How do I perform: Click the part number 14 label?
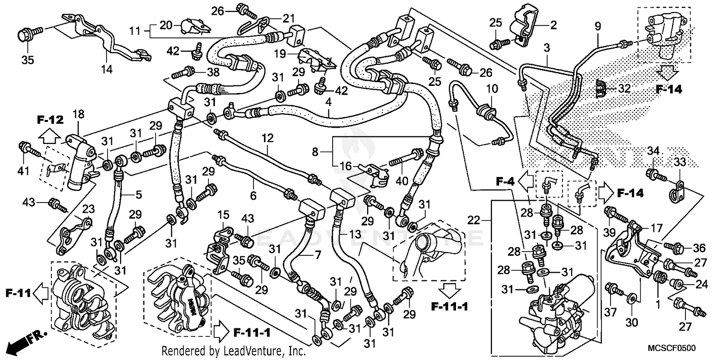[107, 70]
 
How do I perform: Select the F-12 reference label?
[50, 120]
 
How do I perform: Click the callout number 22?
[474, 220]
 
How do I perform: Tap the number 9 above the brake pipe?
[598, 27]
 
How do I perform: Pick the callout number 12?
[267, 139]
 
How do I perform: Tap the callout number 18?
[78, 114]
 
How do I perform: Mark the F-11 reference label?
[19, 292]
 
